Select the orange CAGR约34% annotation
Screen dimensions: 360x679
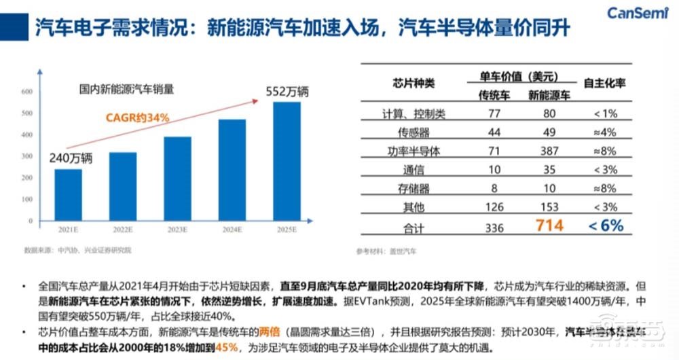(x=136, y=118)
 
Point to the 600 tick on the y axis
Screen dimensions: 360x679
(x=28, y=92)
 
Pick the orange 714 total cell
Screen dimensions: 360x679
(x=549, y=226)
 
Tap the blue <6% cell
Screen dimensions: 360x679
(x=605, y=226)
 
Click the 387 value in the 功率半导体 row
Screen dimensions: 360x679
(x=549, y=151)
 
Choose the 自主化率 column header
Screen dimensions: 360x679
(x=604, y=83)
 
